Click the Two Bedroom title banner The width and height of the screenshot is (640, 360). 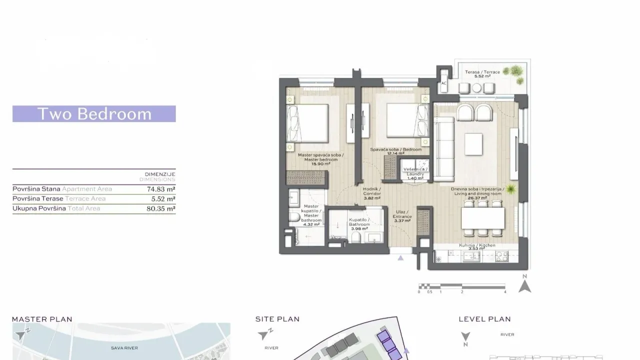[94, 114]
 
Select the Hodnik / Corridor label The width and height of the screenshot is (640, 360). [371, 193]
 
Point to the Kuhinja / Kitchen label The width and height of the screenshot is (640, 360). [477, 246]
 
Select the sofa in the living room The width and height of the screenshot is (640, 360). [443, 149]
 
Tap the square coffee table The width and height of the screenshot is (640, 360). [473, 144]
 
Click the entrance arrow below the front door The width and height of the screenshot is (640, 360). [400, 258]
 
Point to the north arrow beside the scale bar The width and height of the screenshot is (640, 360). [524, 285]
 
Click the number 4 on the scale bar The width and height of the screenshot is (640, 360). [505, 291]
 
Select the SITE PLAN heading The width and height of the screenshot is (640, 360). [277, 319]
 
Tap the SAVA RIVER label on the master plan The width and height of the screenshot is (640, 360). [124, 347]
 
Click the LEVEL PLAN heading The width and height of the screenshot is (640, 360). [484, 319]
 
